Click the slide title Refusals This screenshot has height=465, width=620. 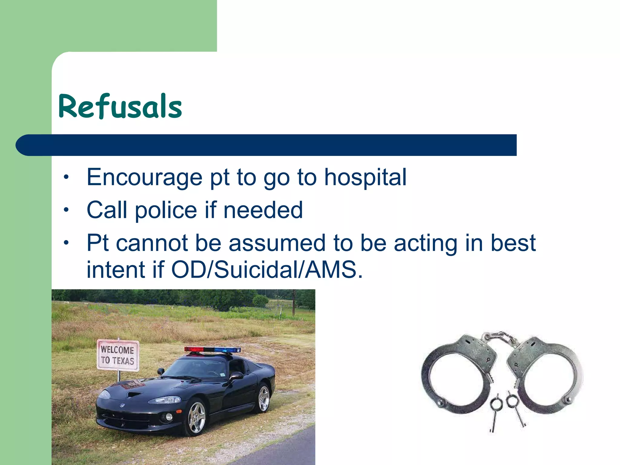(x=120, y=107)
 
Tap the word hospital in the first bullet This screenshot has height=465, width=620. (x=365, y=177)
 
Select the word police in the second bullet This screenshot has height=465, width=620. (x=166, y=210)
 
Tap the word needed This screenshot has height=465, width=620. (x=263, y=210)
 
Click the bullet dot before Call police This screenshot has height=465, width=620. (x=66, y=209)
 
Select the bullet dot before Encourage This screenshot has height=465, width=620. (x=66, y=176)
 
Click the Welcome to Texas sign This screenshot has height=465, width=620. (x=118, y=355)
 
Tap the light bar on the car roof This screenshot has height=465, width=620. (x=213, y=350)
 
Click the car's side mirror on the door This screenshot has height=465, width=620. (x=236, y=376)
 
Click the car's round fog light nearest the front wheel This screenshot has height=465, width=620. (x=169, y=417)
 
